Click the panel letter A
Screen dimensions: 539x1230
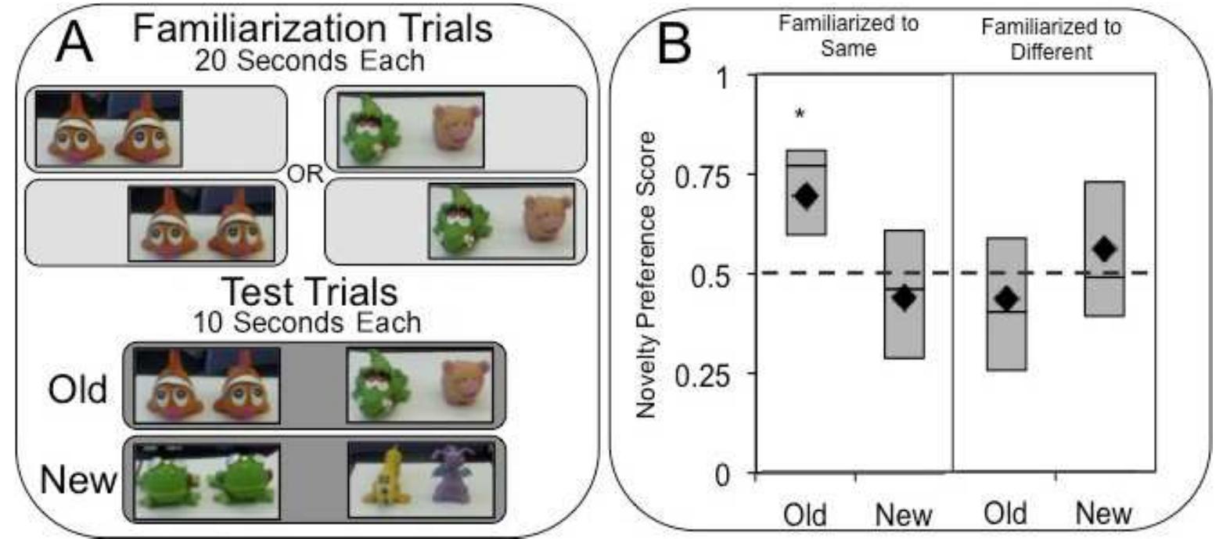tap(75, 42)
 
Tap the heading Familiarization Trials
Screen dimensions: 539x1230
tap(312, 29)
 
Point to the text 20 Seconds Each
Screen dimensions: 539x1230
tap(309, 61)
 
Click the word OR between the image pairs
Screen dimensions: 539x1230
tap(305, 174)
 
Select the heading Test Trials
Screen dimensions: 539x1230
tap(310, 293)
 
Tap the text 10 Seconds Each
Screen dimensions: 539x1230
tap(307, 322)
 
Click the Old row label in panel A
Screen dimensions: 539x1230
tap(77, 389)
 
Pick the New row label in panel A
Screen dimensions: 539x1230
tap(78, 480)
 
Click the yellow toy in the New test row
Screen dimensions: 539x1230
tap(387, 480)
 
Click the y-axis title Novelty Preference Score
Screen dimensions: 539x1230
tap(646, 275)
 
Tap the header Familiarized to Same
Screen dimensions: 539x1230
tap(848, 36)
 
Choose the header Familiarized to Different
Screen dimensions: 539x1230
tap(1051, 39)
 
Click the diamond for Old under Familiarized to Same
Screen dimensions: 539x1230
tap(806, 196)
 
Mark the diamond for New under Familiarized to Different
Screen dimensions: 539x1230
tap(1104, 250)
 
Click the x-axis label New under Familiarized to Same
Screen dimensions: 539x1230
tap(904, 515)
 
